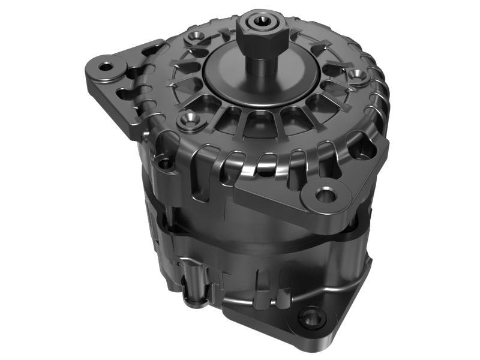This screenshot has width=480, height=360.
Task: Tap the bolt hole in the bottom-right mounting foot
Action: [x=311, y=317]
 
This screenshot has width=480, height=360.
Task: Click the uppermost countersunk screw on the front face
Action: [x=193, y=38]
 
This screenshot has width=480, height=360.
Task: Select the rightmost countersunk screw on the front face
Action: [x=358, y=75]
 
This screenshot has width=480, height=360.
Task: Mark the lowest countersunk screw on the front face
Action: [x=188, y=118]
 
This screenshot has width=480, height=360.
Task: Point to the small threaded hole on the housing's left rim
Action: [x=164, y=163]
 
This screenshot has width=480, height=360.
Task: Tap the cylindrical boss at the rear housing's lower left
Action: [x=193, y=282]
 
